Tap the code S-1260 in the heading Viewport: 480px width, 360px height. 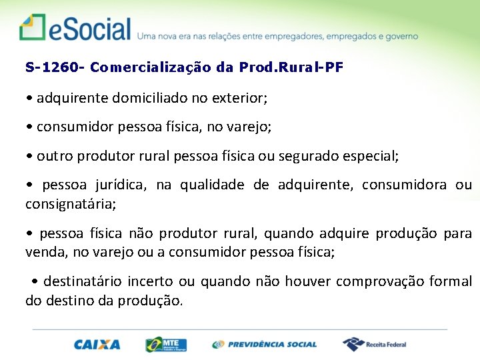pyautogui.click(x=51, y=67)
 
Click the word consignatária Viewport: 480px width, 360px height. pyautogui.click(x=70, y=204)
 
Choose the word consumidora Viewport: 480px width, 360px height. pyautogui.click(x=404, y=185)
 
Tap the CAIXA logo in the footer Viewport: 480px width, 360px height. pyautogui.click(x=97, y=345)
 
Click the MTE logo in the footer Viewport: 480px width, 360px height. pyautogui.click(x=166, y=344)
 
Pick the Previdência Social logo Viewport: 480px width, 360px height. pyautogui.click(x=265, y=345)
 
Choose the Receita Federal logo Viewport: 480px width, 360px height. pyautogui.click(x=375, y=344)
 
